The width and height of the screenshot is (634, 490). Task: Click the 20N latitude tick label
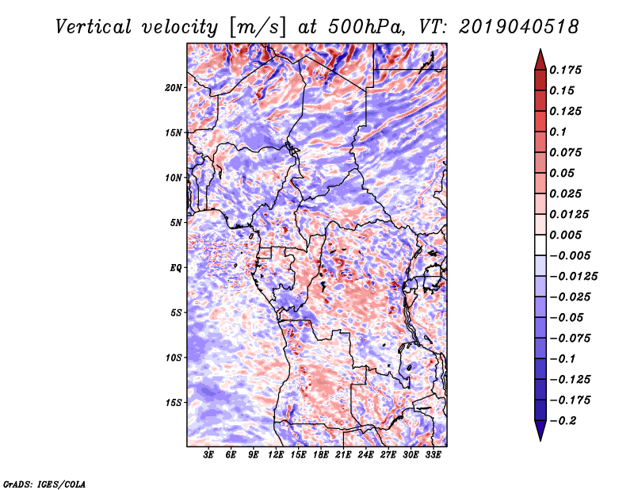pos(174,88)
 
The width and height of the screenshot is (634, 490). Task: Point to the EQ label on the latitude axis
pos(176,268)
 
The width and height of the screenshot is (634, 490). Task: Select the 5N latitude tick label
pos(176,223)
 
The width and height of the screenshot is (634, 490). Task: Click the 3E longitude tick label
pos(208,455)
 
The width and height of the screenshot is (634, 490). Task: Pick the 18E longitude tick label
pos(321,455)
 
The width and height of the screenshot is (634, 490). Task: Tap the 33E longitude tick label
pos(433,455)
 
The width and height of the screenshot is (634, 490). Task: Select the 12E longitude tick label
pos(276,455)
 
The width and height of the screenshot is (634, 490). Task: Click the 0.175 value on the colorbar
pos(565,70)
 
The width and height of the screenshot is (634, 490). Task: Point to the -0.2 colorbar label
pos(563,421)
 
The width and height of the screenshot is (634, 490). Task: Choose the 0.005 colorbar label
pos(565,235)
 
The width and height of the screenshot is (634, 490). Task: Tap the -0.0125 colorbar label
pos(573,277)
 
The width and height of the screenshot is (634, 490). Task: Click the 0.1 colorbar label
pos(558,132)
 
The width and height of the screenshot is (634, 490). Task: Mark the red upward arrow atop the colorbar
pos(540,59)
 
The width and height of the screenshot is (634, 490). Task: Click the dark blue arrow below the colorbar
pos(540,431)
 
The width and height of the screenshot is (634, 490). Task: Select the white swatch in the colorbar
pos(540,245)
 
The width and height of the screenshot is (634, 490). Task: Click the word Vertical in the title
pos(93,27)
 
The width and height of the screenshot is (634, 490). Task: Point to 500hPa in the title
pos(366,27)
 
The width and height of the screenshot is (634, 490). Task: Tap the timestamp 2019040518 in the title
pos(519,27)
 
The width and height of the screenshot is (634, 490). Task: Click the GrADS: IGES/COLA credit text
pos(44,484)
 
